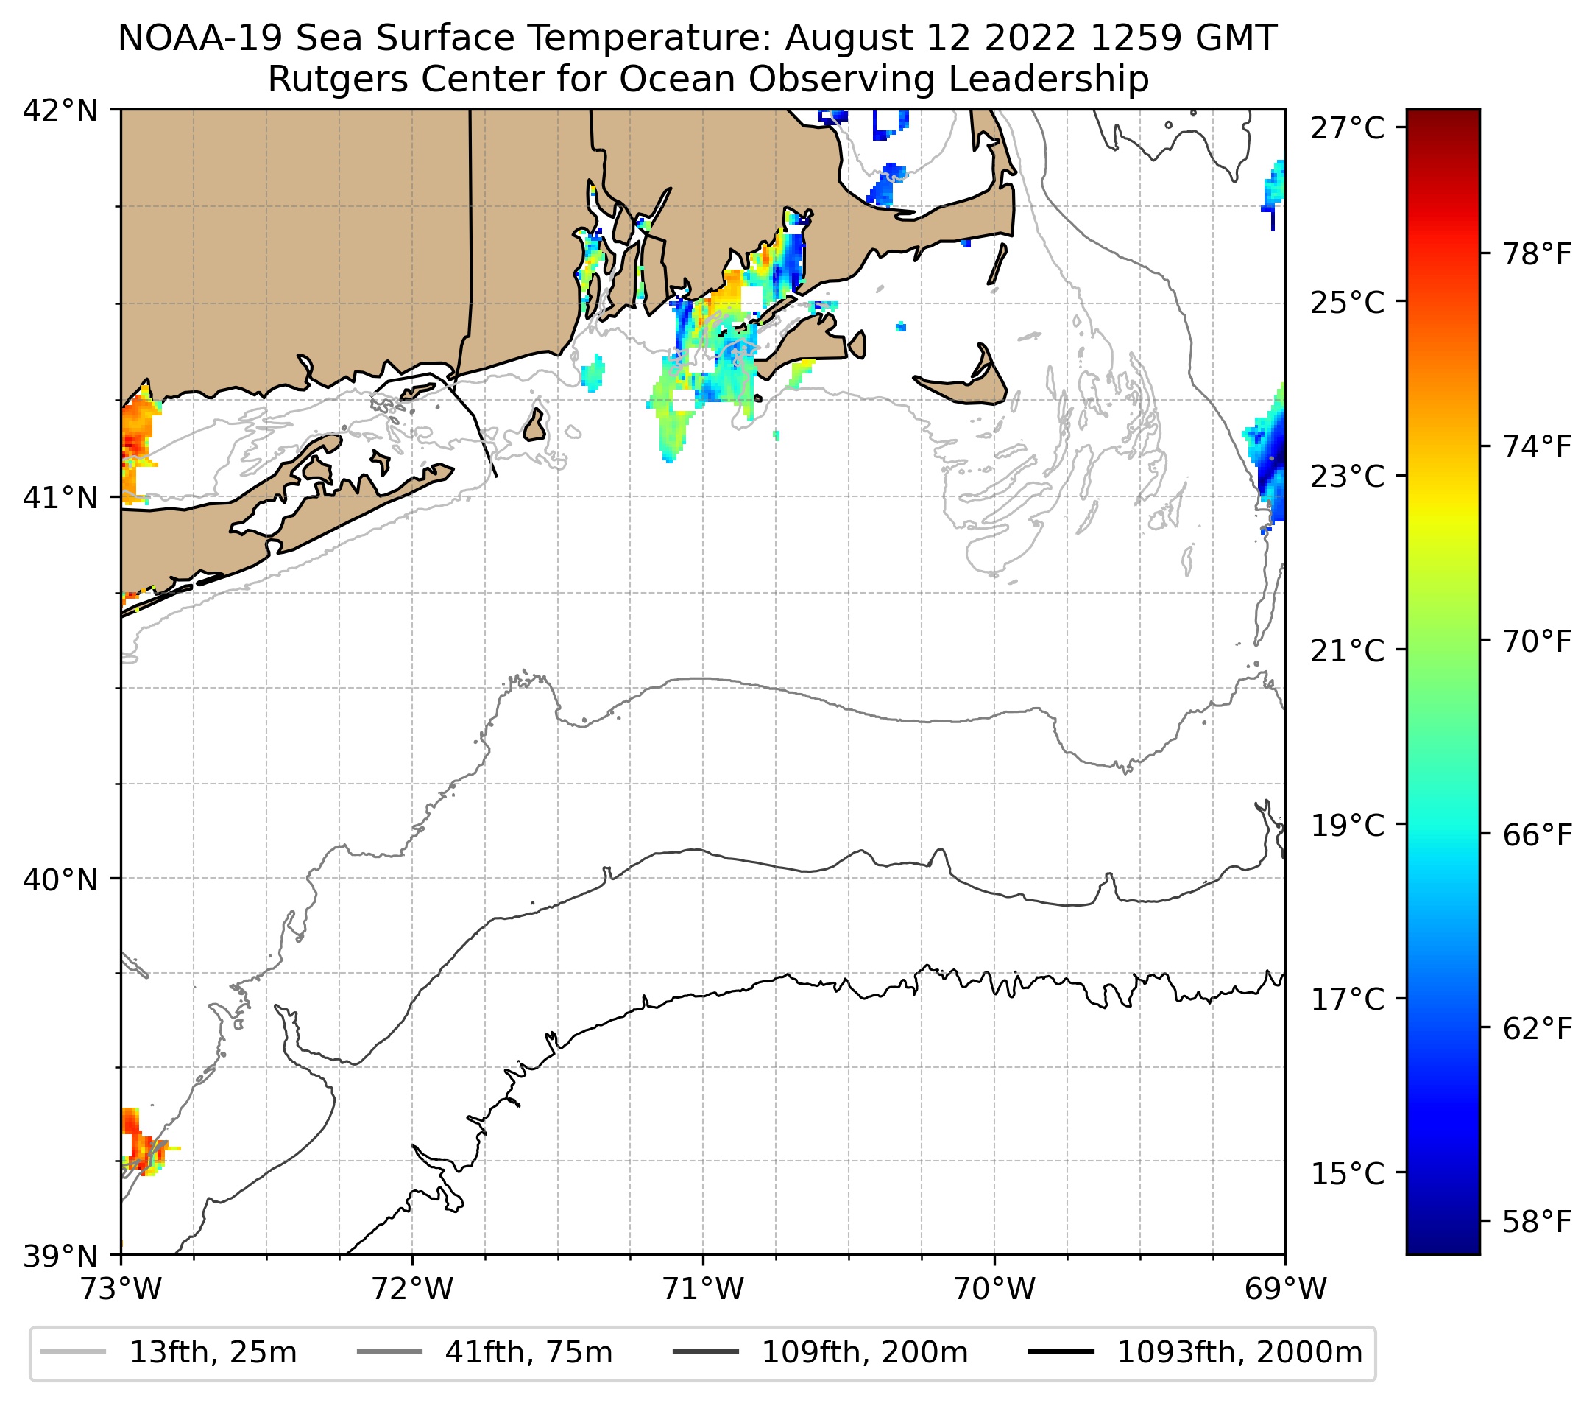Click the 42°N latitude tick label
point(60,111)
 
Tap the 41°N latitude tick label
point(60,496)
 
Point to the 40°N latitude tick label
point(60,879)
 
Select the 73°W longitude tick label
point(121,1289)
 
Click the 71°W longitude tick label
point(703,1289)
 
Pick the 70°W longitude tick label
point(995,1289)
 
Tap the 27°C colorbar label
point(1348,128)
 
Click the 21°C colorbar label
point(1348,650)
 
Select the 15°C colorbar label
point(1348,1173)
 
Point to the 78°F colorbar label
point(1536,254)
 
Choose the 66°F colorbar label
point(1536,835)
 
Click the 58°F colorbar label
point(1536,1222)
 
